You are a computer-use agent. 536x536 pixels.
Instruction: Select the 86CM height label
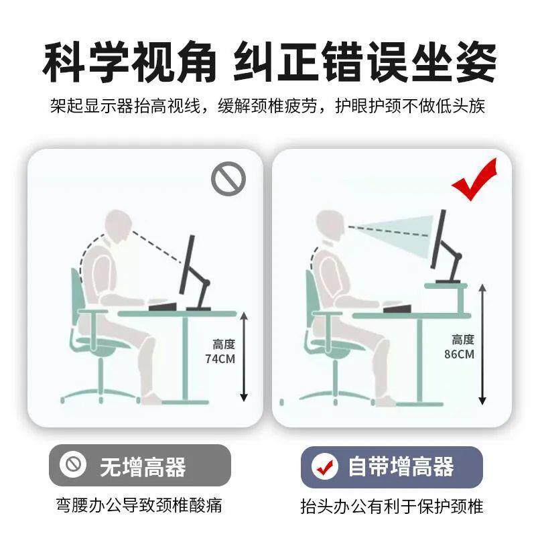tap(459, 346)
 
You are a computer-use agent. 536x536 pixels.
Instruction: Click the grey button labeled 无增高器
tap(139, 465)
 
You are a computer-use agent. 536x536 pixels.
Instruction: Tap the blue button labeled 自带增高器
tap(391, 466)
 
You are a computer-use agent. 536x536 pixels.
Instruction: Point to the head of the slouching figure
tap(119, 228)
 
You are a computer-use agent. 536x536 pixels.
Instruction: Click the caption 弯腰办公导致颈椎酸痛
tap(139, 505)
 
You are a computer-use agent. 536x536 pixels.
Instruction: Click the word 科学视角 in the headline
tap(130, 63)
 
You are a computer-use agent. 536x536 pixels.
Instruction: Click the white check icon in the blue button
tap(326, 466)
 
